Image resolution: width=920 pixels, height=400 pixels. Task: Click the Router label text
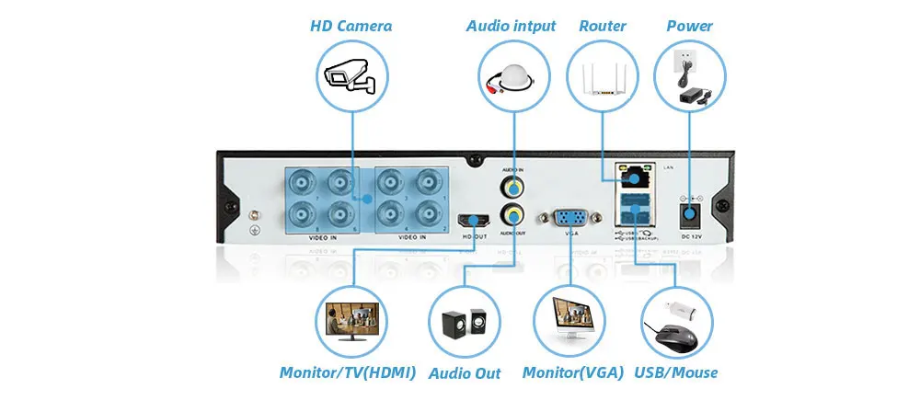pyautogui.click(x=602, y=26)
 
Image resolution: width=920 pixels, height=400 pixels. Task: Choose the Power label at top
pyautogui.click(x=689, y=26)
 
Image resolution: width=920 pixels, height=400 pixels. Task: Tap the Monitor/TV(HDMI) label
pyautogui.click(x=348, y=372)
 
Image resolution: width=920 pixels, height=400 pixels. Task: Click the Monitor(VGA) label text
pyautogui.click(x=573, y=372)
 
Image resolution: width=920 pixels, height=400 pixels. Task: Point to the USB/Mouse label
pyautogui.click(x=676, y=372)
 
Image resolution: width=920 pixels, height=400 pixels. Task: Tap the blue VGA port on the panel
pyautogui.click(x=569, y=218)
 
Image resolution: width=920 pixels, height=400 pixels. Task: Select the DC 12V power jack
pyautogui.click(x=689, y=215)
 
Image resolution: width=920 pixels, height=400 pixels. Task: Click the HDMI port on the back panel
pyautogui.click(x=475, y=220)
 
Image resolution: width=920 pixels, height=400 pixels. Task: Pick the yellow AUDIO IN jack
pyautogui.click(x=512, y=188)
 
